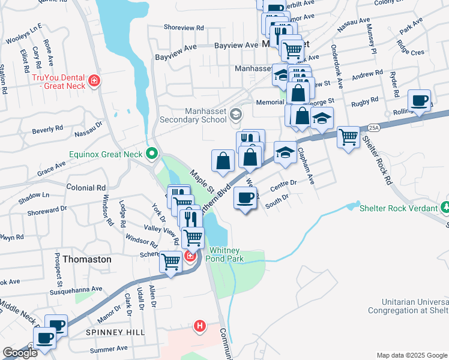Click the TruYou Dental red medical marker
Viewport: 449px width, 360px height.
point(93,80)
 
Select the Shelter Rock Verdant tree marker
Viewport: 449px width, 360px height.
point(445,208)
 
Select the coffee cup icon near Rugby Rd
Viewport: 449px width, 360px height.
point(420,100)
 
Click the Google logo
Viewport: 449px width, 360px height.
point(20,353)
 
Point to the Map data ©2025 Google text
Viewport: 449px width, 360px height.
point(412,355)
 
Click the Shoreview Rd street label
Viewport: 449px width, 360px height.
point(184,28)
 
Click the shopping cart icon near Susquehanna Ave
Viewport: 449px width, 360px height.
point(171,261)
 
